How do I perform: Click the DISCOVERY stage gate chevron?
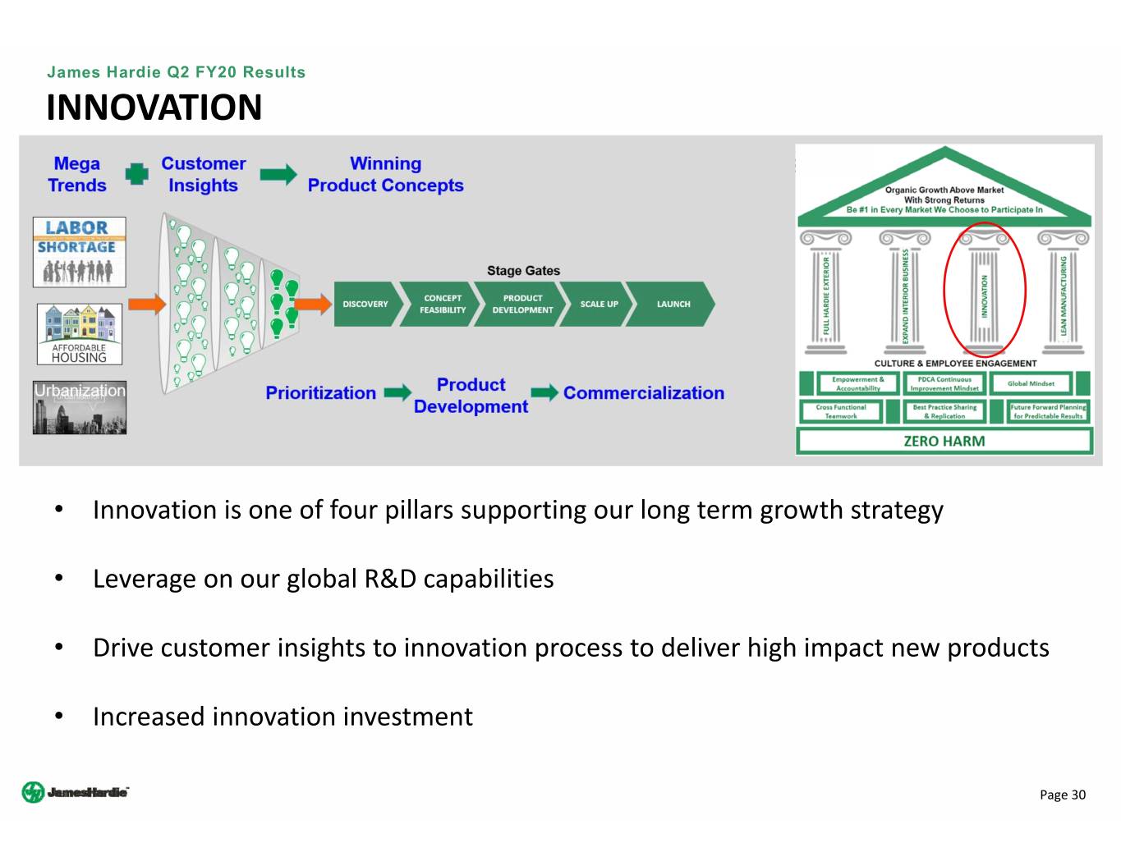[x=365, y=305]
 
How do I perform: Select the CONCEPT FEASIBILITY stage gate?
[x=442, y=305]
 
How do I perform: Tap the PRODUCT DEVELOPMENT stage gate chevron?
[x=522, y=305]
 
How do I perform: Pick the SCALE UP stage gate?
[x=599, y=305]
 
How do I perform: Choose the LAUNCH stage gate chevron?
[x=673, y=305]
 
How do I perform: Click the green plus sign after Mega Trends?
[x=136, y=174]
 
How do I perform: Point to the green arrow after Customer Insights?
[x=278, y=174]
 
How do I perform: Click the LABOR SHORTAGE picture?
[x=79, y=252]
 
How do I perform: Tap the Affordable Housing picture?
[x=79, y=334]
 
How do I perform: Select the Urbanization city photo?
[x=80, y=407]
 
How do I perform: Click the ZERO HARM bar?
[x=944, y=442]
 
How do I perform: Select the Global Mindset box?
[x=1031, y=383]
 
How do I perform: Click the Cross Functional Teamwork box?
[x=841, y=411]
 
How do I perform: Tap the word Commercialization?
[x=644, y=393]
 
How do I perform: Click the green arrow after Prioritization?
[x=397, y=393]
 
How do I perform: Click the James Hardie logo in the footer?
[x=76, y=792]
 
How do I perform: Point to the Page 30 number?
[x=1062, y=795]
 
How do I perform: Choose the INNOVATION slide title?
[x=154, y=108]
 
